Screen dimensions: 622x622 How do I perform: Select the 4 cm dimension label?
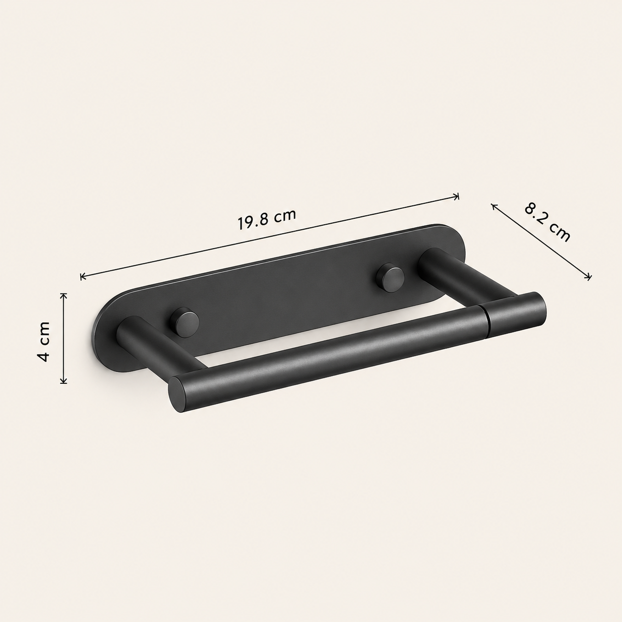pos(43,341)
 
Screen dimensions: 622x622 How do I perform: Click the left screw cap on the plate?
pos(185,322)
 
